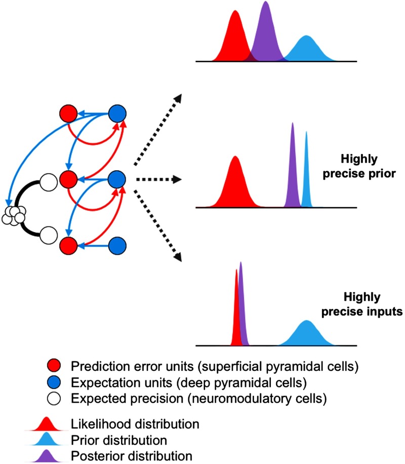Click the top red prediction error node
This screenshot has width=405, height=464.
tap(68, 113)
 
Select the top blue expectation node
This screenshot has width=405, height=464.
tap(117, 113)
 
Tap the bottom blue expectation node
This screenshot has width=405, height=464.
tap(117, 246)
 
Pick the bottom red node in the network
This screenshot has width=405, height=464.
tap(68, 246)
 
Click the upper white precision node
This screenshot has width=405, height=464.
tap(49, 182)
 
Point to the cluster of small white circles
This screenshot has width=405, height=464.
tap(14, 215)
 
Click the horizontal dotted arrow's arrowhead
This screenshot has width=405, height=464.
tap(177, 179)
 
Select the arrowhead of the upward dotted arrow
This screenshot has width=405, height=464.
tap(178, 99)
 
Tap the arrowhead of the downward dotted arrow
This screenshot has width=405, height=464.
tap(178, 257)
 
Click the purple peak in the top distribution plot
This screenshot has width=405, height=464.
tap(266, 32)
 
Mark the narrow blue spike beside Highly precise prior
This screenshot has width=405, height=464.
tap(306, 172)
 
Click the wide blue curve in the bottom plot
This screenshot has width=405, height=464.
tap(307, 334)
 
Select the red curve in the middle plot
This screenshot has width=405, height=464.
tap(235, 183)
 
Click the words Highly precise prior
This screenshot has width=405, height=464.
tap(359, 166)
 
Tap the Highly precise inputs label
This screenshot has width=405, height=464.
tap(362, 304)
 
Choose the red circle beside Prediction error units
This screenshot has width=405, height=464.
tap(54, 366)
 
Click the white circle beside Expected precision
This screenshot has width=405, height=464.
tap(54, 398)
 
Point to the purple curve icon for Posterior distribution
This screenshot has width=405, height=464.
tap(46, 456)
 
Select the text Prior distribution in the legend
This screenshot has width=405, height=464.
tap(119, 440)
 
